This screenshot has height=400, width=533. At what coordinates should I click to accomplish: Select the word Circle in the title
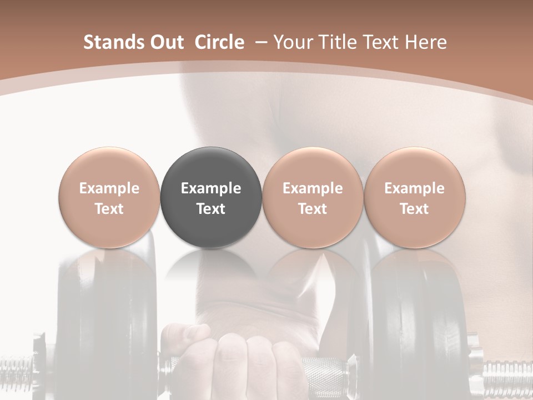coord(219,42)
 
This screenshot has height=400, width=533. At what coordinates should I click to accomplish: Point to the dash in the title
coord(260,42)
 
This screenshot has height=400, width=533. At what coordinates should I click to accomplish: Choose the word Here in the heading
coord(426,42)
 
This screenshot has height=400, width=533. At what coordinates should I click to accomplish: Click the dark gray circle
coord(211,198)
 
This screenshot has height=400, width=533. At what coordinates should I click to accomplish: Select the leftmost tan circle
coord(109,198)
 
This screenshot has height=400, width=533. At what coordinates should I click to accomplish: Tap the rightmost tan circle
coord(415,198)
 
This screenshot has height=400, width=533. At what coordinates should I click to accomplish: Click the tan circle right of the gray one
coord(313,198)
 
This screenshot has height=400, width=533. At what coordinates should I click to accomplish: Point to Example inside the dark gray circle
coord(211,188)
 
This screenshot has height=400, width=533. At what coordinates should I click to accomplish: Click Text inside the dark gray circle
coord(211,209)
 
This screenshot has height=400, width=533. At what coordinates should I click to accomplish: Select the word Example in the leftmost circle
coord(109,188)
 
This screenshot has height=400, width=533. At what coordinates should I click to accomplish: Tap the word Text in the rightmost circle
coord(415,209)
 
